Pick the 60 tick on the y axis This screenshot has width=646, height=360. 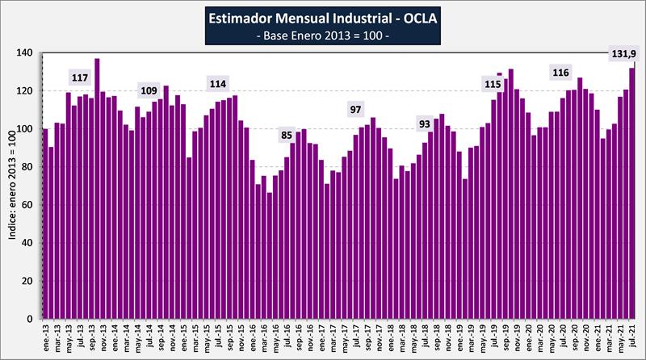(x=27, y=205)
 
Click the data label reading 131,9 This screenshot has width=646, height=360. (x=622, y=54)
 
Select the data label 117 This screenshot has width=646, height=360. (x=80, y=77)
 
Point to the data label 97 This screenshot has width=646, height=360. (x=357, y=109)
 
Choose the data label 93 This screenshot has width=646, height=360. (x=426, y=123)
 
